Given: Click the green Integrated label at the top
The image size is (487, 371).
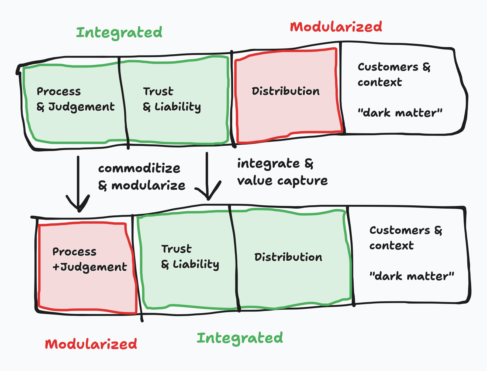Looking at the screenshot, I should pyautogui.click(x=119, y=33).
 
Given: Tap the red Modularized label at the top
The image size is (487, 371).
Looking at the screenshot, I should pyautogui.click(x=336, y=27).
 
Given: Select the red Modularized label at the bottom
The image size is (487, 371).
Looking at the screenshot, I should pyautogui.click(x=91, y=344).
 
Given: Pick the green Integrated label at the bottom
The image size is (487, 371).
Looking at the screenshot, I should pyautogui.click(x=240, y=338).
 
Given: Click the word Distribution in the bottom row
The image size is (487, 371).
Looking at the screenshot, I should pyautogui.click(x=288, y=257).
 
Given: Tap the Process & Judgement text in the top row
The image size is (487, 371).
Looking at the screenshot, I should pyautogui.click(x=75, y=99).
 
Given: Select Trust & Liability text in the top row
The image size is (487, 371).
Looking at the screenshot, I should pyautogui.click(x=172, y=99).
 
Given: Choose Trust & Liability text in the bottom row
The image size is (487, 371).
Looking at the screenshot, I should pyautogui.click(x=190, y=257).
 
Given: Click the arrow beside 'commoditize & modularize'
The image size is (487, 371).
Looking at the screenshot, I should pyautogui.click(x=78, y=186).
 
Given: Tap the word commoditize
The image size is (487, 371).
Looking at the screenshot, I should pyautogui.click(x=139, y=169).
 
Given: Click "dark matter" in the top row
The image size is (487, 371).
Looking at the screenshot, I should pyautogui.click(x=400, y=113).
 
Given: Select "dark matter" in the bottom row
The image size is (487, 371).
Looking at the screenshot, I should pyautogui.click(x=412, y=276).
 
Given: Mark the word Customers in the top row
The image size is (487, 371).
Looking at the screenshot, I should pyautogui.click(x=388, y=67).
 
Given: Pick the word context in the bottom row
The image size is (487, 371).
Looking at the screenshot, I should pyautogui.click(x=391, y=246).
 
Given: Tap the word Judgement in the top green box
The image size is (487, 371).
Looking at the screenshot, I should pyautogui.click(x=81, y=107).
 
